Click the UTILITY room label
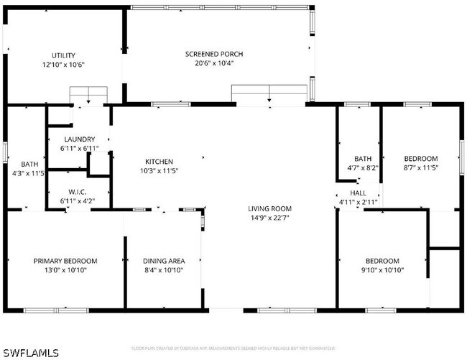63,55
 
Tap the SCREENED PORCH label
214,55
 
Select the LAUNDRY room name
79,139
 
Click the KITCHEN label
159,162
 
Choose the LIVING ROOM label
269,209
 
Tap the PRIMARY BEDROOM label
65,261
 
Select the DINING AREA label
164,261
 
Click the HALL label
358,193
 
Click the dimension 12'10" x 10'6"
63,64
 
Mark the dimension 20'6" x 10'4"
214,63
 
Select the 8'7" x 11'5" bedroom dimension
420,167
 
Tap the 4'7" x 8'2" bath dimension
362,167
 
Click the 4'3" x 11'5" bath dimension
29,173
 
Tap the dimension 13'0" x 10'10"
65,270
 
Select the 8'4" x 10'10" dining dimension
164,270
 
